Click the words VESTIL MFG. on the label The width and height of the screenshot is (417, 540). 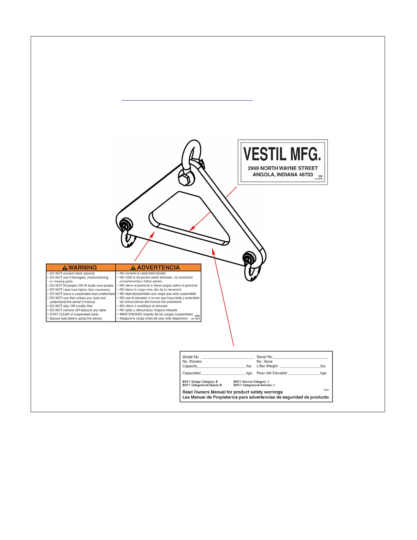click(282, 154)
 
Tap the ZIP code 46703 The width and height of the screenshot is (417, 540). click(306, 175)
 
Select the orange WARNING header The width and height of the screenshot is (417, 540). click(81, 268)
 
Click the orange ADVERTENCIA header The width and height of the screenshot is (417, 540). click(158, 268)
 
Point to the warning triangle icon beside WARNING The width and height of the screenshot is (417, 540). click(65, 268)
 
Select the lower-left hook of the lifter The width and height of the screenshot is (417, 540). click(127, 239)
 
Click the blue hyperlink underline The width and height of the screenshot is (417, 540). click(187, 100)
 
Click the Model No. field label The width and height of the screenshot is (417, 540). click(191, 357)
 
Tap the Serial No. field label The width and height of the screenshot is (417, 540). click(265, 357)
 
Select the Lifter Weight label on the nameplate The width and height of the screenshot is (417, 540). click(267, 366)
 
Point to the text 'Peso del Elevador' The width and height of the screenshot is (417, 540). click(272, 373)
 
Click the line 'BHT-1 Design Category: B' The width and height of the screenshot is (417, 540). click(200, 382)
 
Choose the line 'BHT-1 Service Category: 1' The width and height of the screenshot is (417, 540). click(251, 382)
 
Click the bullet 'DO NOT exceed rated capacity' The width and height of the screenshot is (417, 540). click(72, 273)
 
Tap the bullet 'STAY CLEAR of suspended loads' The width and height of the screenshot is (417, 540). click(74, 314)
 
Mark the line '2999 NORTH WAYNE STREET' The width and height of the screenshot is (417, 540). click(282, 168)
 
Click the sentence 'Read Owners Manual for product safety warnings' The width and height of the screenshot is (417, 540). click(232, 392)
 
